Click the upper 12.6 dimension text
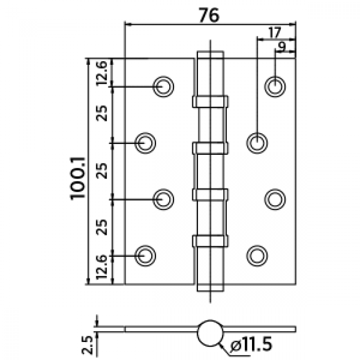tap(102, 73)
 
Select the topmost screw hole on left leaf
tap(164, 86)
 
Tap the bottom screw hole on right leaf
tap(256, 255)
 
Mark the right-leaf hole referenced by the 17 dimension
tap(256, 142)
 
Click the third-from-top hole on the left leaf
tap(164, 199)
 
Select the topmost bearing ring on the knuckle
tap(210, 102)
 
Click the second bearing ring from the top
tap(210, 148)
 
